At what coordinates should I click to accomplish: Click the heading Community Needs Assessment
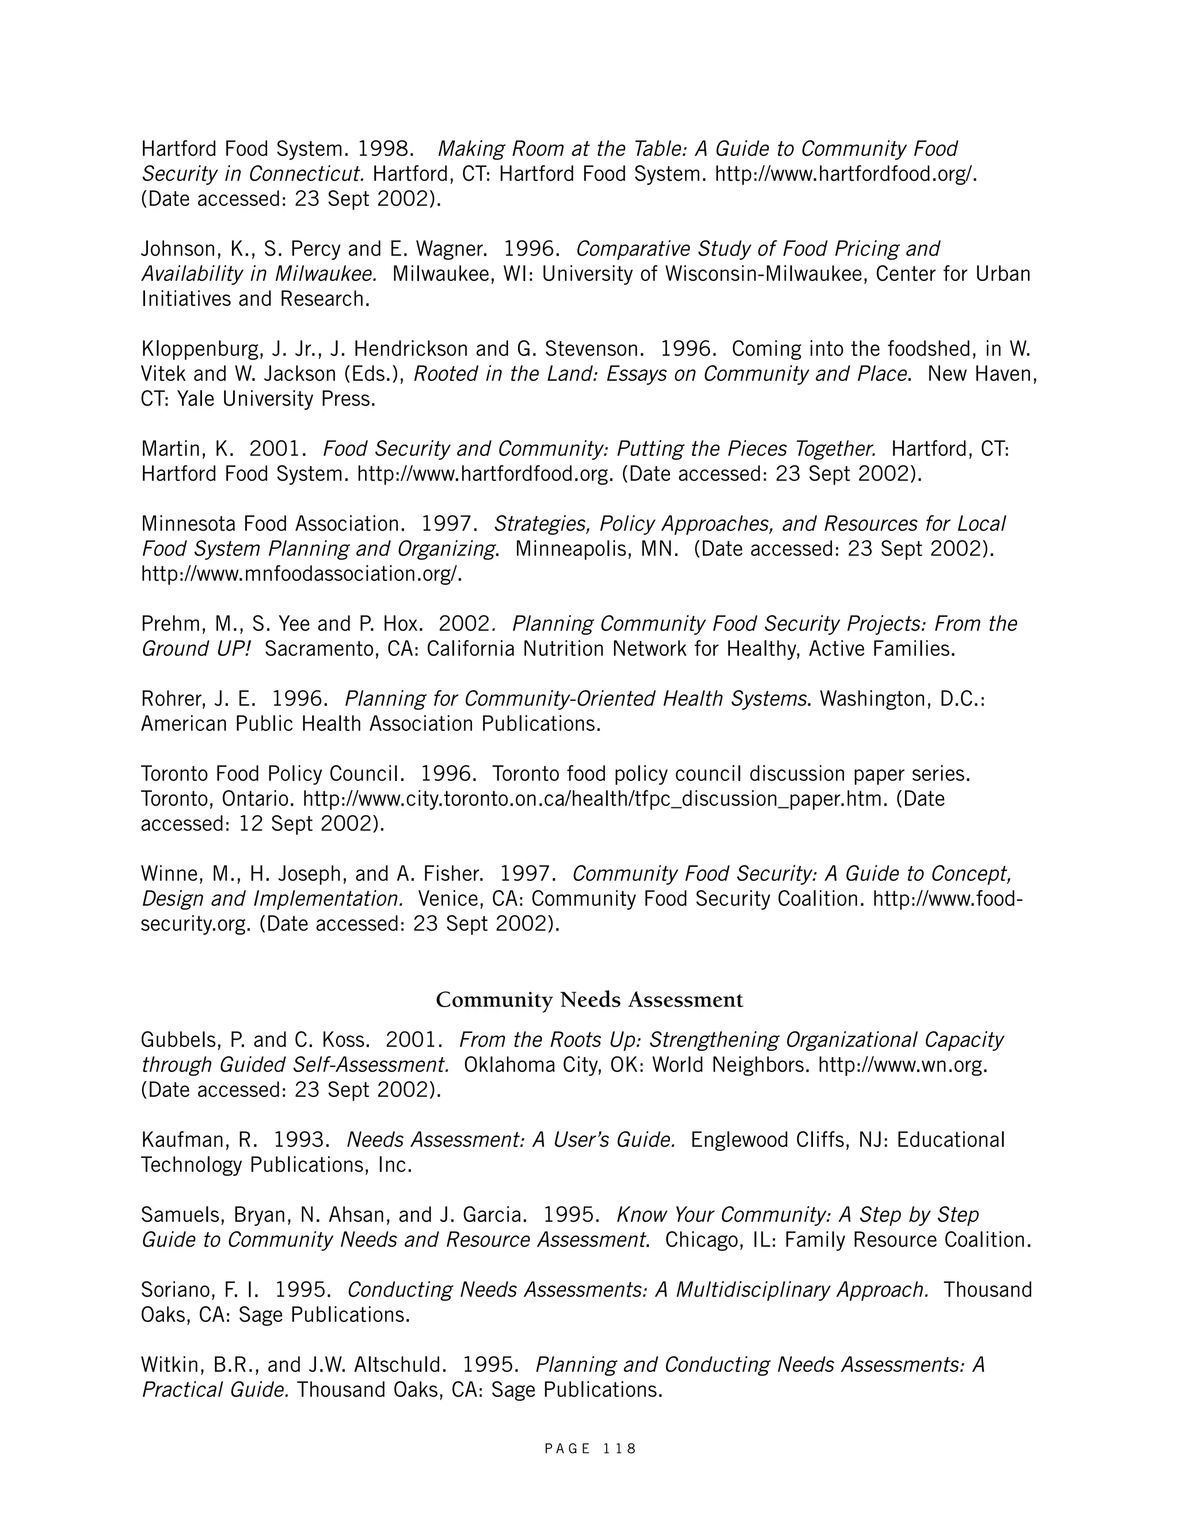pos(589,1000)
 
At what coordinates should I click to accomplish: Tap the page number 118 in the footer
pos(619,1449)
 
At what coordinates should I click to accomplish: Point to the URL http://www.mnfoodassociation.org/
pos(302,574)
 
